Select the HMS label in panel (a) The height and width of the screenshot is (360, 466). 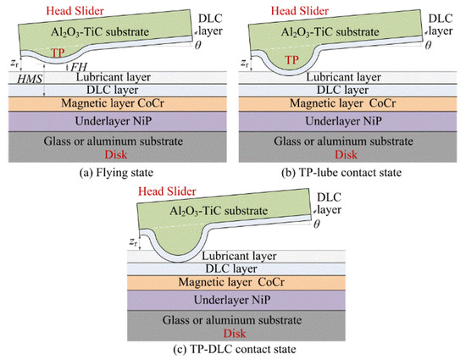(27, 78)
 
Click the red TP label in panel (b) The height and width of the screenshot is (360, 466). (291, 60)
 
